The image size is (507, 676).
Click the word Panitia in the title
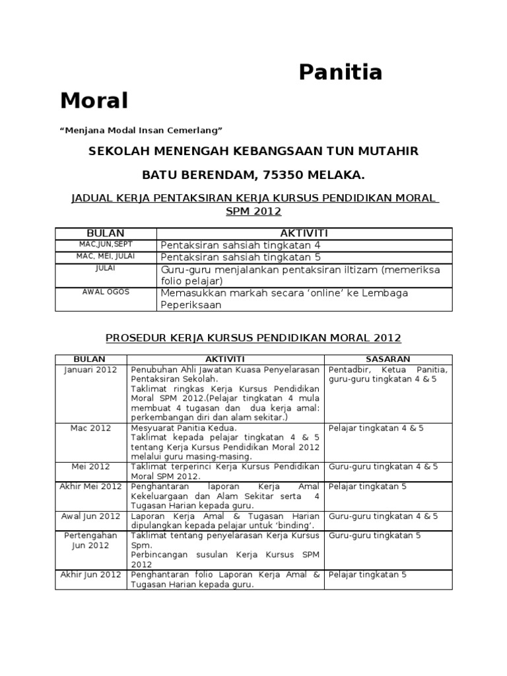point(341,72)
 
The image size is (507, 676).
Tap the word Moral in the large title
point(94,101)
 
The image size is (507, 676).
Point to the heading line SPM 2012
point(253,211)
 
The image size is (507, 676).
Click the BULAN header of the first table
point(106,234)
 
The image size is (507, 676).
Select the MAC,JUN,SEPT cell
point(106,244)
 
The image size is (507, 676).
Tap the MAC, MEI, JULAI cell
point(106,256)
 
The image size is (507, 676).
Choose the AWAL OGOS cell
point(106,292)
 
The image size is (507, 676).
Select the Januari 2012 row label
point(90,370)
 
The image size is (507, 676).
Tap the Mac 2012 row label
point(90,428)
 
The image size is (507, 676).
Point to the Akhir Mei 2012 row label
point(90,487)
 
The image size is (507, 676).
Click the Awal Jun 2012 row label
point(90,516)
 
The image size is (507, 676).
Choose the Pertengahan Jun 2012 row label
point(90,541)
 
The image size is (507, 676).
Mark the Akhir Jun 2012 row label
point(90,574)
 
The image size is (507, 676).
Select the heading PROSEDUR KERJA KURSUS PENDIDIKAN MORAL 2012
point(253,338)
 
